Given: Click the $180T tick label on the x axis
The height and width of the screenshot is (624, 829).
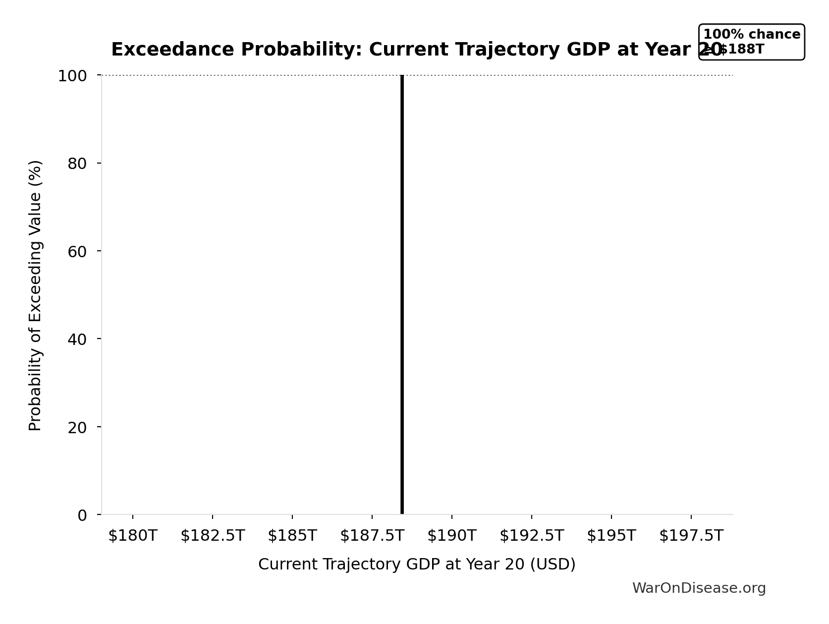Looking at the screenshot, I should coord(132,536).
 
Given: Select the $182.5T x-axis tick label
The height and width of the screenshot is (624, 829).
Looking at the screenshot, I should coord(213,536).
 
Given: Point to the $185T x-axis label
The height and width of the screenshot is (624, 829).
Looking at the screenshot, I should coord(292,536).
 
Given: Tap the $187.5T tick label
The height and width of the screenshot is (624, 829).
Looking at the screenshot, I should coord(372,536).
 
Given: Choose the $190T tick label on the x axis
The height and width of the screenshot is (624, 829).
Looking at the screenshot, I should coord(452,536).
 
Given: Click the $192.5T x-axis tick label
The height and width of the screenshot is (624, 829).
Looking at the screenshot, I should coord(532,536).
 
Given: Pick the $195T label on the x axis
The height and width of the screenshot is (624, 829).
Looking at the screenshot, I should coord(611,536).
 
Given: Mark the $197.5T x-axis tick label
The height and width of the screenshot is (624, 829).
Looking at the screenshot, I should coord(691,536).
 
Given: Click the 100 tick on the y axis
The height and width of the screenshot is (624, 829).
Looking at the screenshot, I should coord(72,76).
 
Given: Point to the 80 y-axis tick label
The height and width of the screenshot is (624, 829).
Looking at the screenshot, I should coord(77,164).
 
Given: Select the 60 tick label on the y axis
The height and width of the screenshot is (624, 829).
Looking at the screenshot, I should coord(77,251).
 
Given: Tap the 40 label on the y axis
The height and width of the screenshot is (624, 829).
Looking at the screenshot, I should coord(77,339).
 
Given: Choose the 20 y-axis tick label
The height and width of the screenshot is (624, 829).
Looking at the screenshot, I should coord(77,427).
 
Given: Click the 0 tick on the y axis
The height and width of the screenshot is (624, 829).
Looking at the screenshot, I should coord(82,515).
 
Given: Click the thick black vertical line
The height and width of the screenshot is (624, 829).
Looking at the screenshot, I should coord(402,297).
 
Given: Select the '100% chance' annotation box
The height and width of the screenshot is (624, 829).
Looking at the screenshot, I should coord(751,42).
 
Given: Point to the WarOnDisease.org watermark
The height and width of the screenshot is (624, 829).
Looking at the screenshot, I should coord(699,588).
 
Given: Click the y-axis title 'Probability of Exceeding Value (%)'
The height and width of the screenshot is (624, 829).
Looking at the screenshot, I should coord(35,295).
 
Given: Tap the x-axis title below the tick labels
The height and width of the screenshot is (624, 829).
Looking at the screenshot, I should coord(417,565).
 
